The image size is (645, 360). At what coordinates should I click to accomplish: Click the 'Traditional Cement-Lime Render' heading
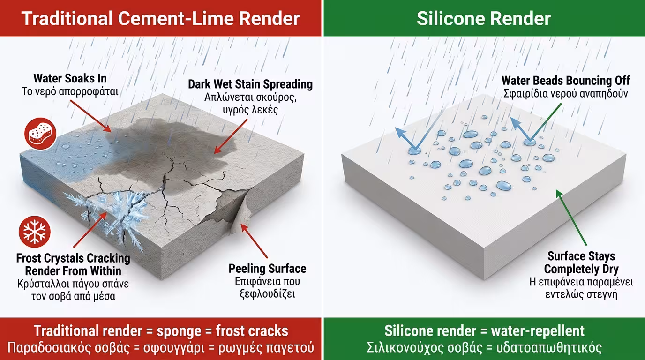pos(160,18)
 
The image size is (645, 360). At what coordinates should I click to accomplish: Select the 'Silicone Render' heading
pos(483,18)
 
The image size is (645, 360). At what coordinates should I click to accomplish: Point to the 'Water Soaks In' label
pos(70,78)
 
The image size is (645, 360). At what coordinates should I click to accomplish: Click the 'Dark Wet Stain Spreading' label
pos(250,84)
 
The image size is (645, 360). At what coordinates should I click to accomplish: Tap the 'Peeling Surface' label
pos(267,269)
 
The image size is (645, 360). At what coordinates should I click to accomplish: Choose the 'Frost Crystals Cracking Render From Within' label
pos(73,264)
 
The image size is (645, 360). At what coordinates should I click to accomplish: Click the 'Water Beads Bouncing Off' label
pos(566,80)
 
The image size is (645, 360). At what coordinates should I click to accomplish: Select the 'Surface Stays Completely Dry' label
pos(581,262)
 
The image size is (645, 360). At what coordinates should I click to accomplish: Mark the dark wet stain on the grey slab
pos(155,141)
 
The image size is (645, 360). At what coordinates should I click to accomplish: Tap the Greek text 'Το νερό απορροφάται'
pos(70,91)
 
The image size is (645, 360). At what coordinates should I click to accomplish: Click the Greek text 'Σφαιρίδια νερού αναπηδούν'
pos(566,93)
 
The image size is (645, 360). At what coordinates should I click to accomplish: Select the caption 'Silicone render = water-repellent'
pos(484,331)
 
